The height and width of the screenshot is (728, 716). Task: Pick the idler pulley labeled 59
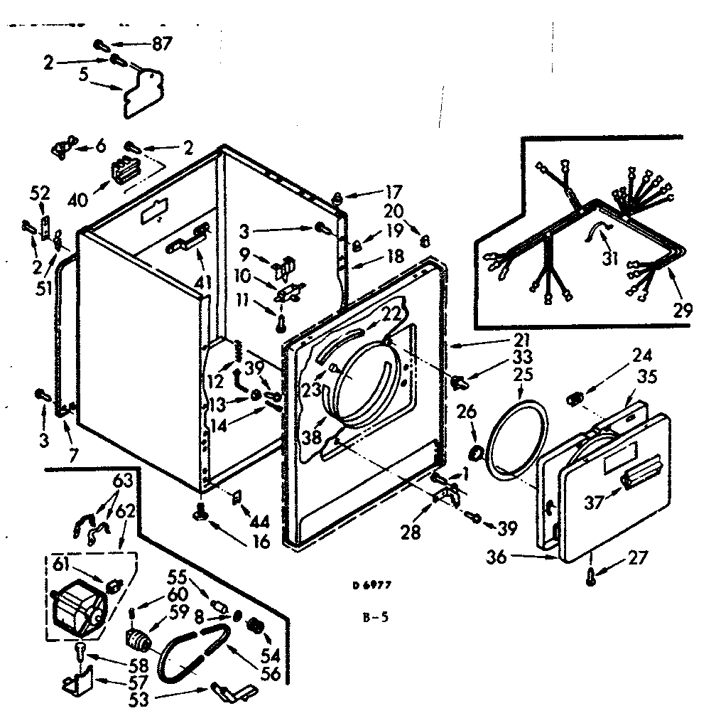[138, 638]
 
